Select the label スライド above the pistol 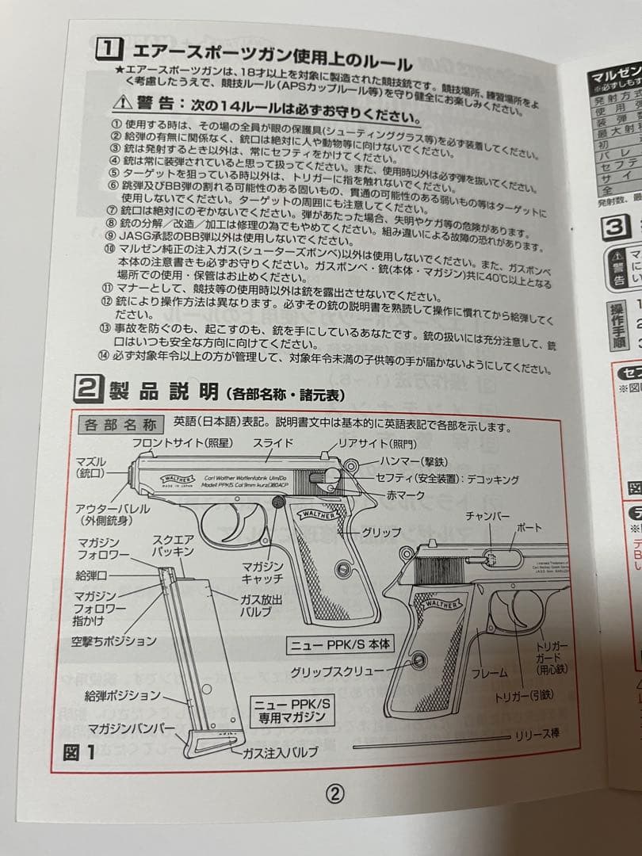[x=273, y=443]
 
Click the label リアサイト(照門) [x=377, y=444]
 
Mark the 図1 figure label [x=79, y=751]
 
